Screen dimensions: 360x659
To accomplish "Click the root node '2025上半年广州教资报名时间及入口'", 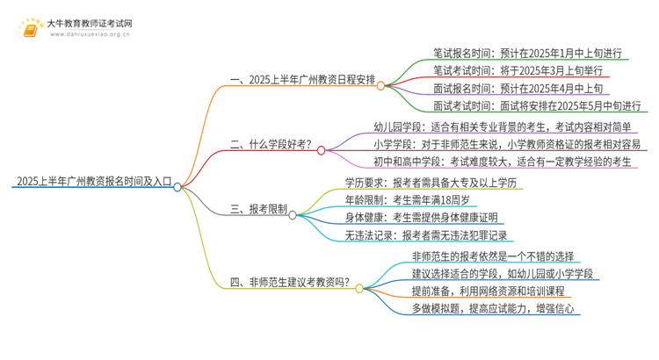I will pyautogui.click(x=92, y=182).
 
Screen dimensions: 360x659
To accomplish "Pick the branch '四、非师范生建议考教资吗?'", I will pyautogui.click(x=290, y=282).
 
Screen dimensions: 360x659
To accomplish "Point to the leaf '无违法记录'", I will pyautogui.click(x=431, y=235).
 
